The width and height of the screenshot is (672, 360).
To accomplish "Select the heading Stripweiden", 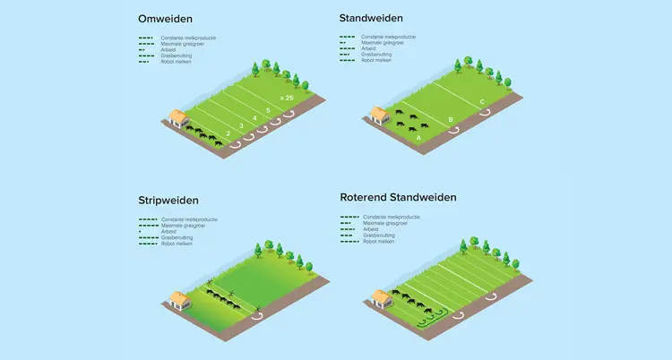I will coord(168,201).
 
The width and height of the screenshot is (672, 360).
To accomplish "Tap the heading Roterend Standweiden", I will coord(398,197).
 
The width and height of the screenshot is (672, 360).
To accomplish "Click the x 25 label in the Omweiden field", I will coord(286,96).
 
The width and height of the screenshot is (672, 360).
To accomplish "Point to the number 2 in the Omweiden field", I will coord(228,133).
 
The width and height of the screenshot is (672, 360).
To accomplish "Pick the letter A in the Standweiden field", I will coord(419,138).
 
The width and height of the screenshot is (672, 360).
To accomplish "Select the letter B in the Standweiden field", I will coord(450,119).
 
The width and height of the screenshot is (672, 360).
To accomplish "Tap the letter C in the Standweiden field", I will coord(482,101).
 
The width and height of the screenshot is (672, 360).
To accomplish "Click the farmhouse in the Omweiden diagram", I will coord(179,119).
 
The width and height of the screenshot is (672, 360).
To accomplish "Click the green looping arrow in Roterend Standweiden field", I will coord(434,316).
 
